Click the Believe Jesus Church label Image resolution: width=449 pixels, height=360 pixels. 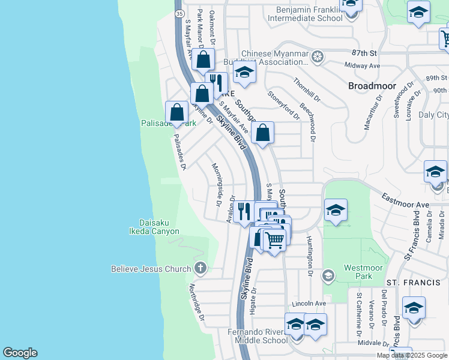click(x=151, y=269)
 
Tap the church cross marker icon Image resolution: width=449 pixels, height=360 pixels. click(x=200, y=268)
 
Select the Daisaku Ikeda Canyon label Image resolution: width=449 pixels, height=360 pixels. click(x=155, y=226)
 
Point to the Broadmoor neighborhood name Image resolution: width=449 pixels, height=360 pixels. click(x=371, y=86)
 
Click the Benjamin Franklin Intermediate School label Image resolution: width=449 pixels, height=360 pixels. click(x=309, y=14)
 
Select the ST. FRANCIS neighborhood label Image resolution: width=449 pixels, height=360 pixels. click(x=409, y=282)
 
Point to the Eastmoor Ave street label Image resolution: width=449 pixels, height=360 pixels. click(x=406, y=200)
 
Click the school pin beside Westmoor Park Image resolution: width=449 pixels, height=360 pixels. click(x=336, y=210)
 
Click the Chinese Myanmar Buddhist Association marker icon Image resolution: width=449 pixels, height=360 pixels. click(x=318, y=58)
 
